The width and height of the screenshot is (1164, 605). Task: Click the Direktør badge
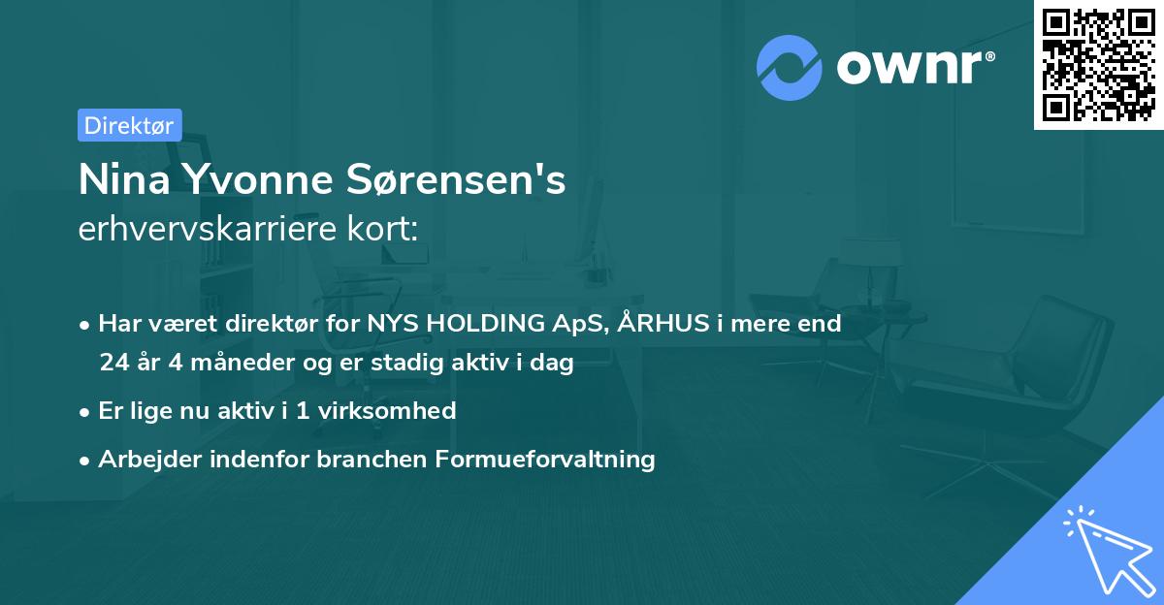tap(129, 125)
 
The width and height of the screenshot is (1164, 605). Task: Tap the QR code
tap(1098, 64)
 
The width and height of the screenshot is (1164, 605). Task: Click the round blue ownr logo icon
tap(790, 68)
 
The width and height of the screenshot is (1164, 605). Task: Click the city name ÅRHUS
tap(657, 324)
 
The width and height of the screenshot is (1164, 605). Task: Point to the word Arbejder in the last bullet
tap(145, 459)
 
